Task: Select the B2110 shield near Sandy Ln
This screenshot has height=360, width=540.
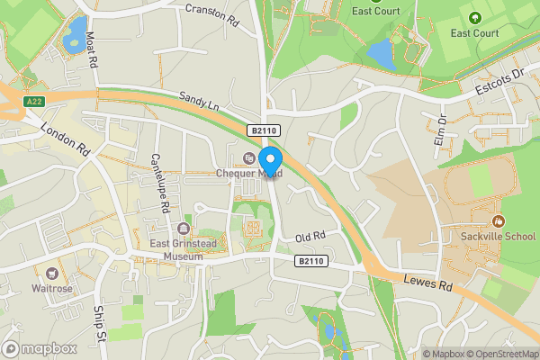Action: (264, 131)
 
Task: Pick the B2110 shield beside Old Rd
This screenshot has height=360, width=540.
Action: (310, 261)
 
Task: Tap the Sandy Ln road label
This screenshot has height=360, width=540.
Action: (199, 105)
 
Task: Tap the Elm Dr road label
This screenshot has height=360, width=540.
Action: (441, 131)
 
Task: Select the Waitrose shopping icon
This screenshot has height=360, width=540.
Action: (53, 273)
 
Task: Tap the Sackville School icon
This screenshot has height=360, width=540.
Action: (496, 221)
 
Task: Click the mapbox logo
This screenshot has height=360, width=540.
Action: (39, 348)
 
